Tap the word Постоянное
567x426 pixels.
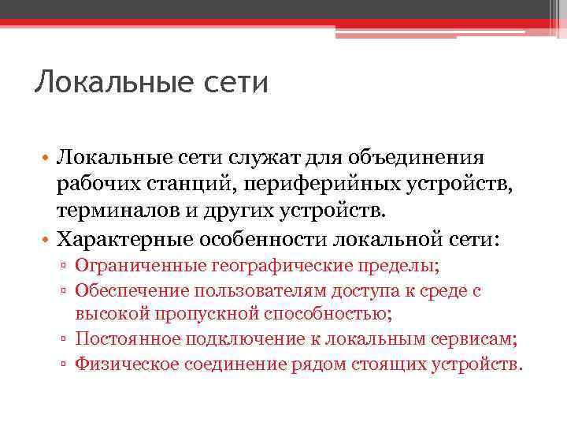[120, 339]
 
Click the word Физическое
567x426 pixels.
[126, 364]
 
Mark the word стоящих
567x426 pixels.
[395, 364]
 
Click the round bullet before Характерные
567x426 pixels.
[46, 239]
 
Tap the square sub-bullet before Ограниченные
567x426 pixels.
[67, 267]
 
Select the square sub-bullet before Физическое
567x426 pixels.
[67, 364]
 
